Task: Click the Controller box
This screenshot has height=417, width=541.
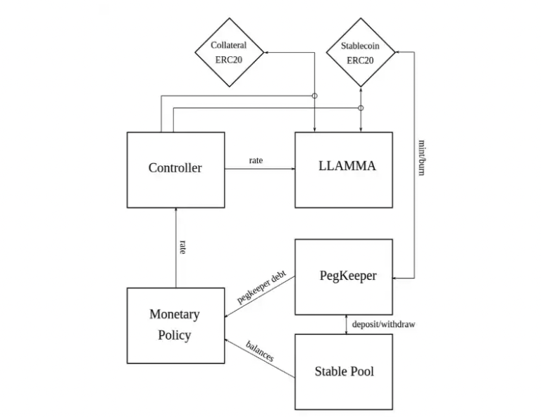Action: point(175,168)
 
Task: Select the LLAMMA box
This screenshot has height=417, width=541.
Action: point(343,169)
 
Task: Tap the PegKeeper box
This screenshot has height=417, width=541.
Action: point(343,276)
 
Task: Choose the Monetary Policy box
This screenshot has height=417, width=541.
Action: point(175,325)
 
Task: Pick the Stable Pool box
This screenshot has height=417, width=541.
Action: point(343,371)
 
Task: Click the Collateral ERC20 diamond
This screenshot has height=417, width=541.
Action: point(229,53)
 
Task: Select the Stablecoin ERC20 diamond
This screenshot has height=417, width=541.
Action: point(361,53)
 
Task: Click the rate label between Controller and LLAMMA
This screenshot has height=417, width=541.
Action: point(256,161)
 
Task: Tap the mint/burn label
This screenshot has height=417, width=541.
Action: point(421,156)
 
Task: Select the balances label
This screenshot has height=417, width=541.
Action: point(260,350)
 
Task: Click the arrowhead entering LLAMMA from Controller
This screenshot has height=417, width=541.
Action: point(292,169)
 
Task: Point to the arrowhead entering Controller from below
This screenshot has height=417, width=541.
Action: point(175,211)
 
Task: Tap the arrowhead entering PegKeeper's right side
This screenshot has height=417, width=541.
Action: point(396,278)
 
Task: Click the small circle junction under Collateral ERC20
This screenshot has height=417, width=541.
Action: point(315,95)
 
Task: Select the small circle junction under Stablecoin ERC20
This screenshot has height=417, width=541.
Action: point(361,108)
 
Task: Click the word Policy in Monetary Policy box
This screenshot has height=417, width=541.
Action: point(175,335)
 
